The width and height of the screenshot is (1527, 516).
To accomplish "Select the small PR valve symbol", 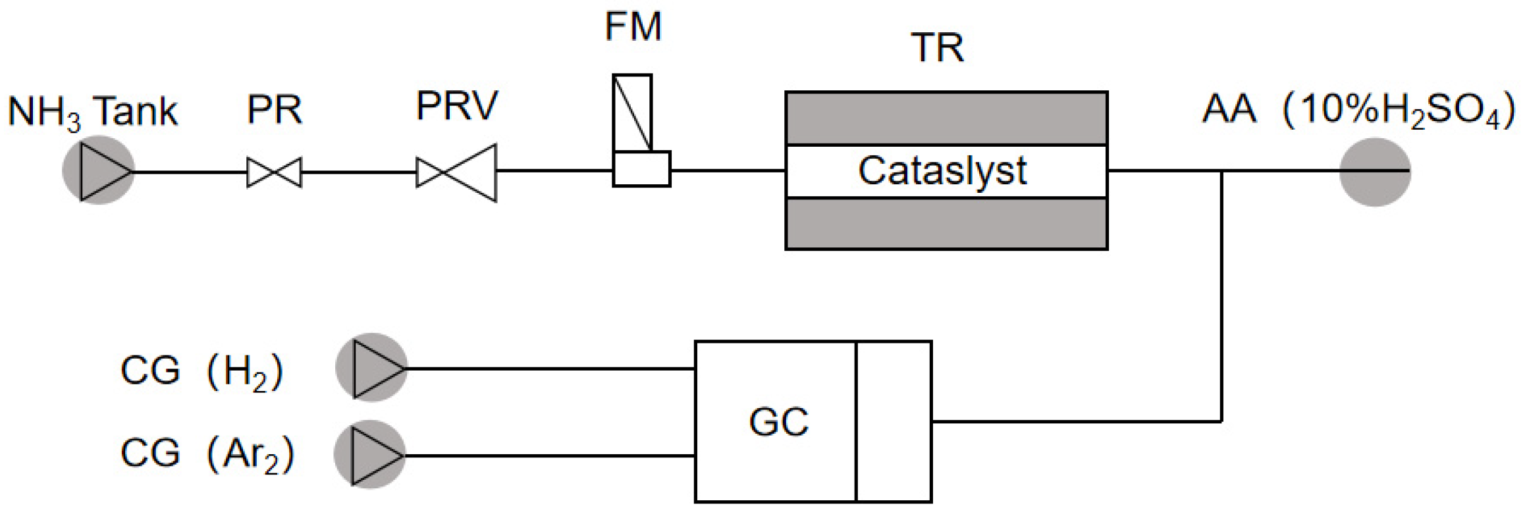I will [x=274, y=172].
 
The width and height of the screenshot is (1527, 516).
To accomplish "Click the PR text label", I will [x=274, y=110].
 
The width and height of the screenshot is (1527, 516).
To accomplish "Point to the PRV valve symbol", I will [x=456, y=172].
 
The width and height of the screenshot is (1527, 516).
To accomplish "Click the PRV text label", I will [x=457, y=105].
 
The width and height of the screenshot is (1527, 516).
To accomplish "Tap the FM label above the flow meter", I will [x=633, y=28].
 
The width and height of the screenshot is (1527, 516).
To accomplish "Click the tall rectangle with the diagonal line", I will [x=632, y=113].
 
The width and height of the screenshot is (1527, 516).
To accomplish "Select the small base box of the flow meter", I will [x=641, y=169].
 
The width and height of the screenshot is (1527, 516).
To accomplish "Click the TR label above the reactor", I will [x=938, y=48].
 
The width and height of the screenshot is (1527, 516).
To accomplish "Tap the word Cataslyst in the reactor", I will [x=942, y=171].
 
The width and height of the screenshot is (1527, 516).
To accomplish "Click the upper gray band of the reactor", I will [x=946, y=118].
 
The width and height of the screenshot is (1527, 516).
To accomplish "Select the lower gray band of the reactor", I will [x=946, y=224].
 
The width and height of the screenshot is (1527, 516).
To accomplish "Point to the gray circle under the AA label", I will [x=1375, y=172].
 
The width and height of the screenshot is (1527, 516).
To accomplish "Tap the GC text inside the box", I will [x=778, y=422].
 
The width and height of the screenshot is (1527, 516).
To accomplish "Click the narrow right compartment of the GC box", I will [x=894, y=421].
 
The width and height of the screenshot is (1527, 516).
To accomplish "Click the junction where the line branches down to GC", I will [x=1222, y=171].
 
